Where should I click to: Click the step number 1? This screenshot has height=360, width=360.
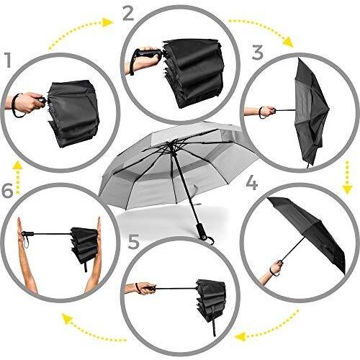tap(9, 60)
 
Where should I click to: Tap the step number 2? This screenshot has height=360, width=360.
tap(128, 14)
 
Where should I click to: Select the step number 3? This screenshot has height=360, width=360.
tap(258, 53)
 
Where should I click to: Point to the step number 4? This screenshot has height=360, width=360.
tap(252, 182)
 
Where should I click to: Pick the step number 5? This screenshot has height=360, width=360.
tap(134, 242)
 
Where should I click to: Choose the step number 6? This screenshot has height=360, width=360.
tap(7, 191)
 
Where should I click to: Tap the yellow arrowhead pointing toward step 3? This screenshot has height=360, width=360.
tap(287, 42)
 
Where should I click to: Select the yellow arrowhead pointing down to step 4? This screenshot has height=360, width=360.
tap(347, 189)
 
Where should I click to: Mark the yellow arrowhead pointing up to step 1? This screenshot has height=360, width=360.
tap(17, 166)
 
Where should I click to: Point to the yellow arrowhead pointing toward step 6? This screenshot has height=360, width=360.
tap(67, 319)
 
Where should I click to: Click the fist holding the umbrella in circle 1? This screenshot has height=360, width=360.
tap(30, 102)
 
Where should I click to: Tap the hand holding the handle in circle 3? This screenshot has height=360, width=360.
tap(267, 112)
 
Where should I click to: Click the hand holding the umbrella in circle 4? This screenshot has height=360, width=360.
tap(276, 267)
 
